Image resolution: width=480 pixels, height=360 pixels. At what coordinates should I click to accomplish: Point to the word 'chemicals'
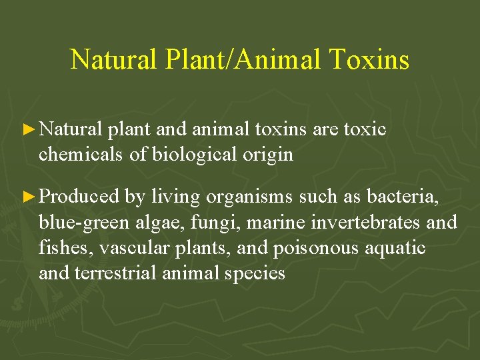click(81, 155)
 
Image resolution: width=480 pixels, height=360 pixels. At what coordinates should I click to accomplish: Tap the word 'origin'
click(269, 155)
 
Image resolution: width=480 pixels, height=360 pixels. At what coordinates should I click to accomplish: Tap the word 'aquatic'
click(399, 248)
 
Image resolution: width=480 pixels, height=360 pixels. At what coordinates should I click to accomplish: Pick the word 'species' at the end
click(256, 273)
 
